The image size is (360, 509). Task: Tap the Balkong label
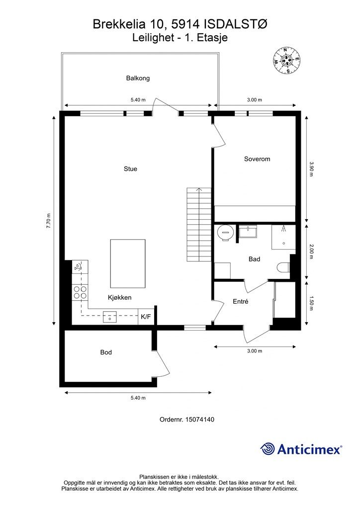click(x=138, y=78)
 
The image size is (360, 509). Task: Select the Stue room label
click(x=130, y=169)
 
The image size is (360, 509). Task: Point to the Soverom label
click(x=257, y=159)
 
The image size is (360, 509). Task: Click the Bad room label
click(x=254, y=259)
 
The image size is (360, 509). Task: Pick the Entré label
click(x=241, y=302)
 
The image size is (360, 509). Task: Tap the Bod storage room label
click(x=106, y=352)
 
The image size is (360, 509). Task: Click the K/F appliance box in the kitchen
click(x=146, y=317)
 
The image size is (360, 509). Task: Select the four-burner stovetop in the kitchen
click(x=80, y=292)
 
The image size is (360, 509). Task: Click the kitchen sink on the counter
click(x=110, y=317)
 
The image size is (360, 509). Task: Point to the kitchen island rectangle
click(x=128, y=263)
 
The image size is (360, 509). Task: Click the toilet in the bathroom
click(x=284, y=267)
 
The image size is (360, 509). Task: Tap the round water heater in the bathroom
click(x=225, y=233)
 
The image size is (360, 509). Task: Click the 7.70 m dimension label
click(x=48, y=221)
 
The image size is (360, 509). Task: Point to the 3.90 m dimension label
click(x=311, y=169)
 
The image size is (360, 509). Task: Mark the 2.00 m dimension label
click(x=311, y=251)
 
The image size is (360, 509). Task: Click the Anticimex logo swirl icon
click(x=267, y=449)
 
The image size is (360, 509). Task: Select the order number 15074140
click(x=199, y=420)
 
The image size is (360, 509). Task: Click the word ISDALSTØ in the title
click(x=236, y=24)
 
